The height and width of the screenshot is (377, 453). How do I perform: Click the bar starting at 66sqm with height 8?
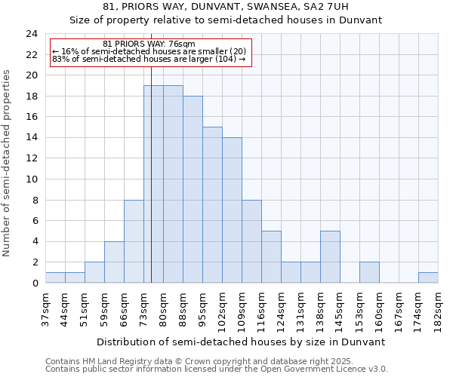tap(134, 241)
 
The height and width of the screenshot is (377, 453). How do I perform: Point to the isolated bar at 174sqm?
tap(428, 277)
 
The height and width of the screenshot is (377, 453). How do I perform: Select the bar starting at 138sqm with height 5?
tap(330, 257)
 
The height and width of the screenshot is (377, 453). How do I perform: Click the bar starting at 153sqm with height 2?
tap(369, 273)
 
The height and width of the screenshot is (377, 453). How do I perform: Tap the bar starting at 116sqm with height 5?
tap(271, 257)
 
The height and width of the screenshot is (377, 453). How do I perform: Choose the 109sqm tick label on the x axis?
tap(242, 310)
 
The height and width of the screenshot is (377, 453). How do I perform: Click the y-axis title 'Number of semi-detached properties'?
tap(8, 163)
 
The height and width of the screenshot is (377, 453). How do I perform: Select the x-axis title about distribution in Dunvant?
tap(242, 342)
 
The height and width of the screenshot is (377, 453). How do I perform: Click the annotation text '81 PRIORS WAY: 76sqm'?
tap(149, 44)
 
